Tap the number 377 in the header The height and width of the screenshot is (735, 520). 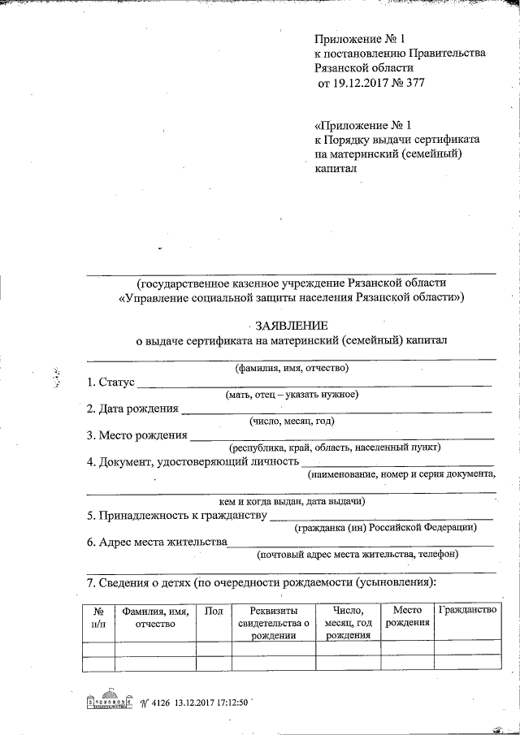[x=414, y=83]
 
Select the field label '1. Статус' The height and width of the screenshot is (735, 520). [x=110, y=382]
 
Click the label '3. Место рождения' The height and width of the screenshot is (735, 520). [x=136, y=435]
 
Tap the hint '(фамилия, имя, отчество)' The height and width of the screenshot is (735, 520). [x=292, y=369]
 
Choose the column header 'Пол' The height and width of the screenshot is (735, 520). [x=214, y=611]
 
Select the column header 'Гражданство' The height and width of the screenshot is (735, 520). [x=467, y=610]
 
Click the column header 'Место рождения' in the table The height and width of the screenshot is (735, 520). [x=407, y=616]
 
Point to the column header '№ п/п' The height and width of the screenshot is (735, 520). [x=97, y=616]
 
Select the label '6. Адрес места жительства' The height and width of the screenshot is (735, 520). [x=157, y=542]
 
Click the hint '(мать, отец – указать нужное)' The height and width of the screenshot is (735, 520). [x=292, y=395]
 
